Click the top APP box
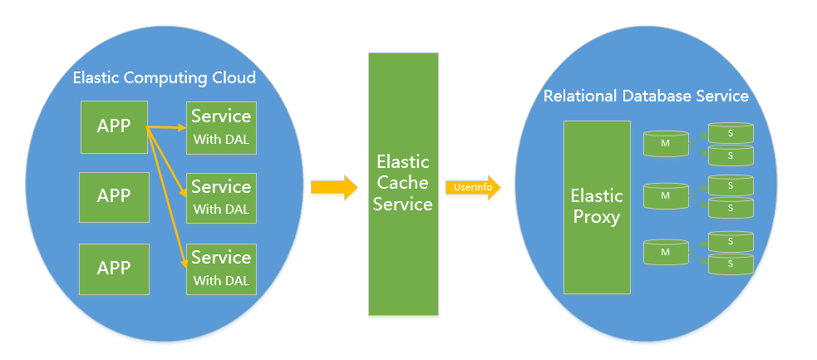pos(114,126)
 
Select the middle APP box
pos(114,196)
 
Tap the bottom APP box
pos(114,269)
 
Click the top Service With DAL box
pos(221,127)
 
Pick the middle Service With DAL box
pos(221,198)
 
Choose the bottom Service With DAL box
pos(221,269)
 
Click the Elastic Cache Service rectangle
pos(403,183)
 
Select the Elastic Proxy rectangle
pos(596,207)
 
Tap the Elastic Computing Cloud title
pos(165,78)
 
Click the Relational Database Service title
pos(646,96)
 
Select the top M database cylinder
pos(666,143)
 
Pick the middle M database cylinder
pos(666,195)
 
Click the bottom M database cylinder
pos(666,252)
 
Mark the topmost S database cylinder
pos(730,132)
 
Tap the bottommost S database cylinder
pos(730,264)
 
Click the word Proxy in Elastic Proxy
pos(596,218)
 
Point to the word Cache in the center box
pos(402,182)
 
